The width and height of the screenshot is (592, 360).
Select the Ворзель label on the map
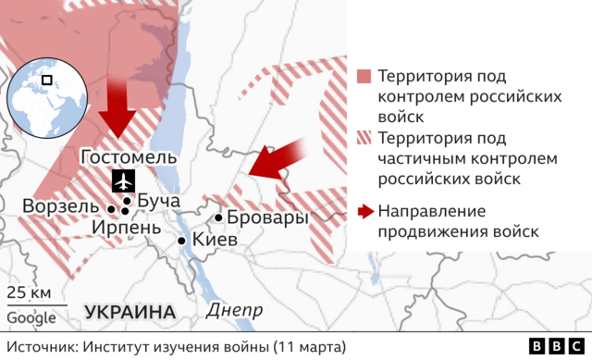click(59, 205)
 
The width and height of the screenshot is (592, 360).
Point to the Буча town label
click(157, 201)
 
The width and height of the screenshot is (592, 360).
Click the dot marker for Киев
click(182, 241)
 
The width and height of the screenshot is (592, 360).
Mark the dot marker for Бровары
click(218, 218)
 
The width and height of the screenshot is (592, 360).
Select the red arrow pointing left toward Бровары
click(280, 159)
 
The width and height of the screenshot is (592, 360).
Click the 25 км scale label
click(30, 293)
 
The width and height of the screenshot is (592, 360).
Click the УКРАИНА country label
click(130, 311)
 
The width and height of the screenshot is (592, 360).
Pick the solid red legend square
click(364, 76)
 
